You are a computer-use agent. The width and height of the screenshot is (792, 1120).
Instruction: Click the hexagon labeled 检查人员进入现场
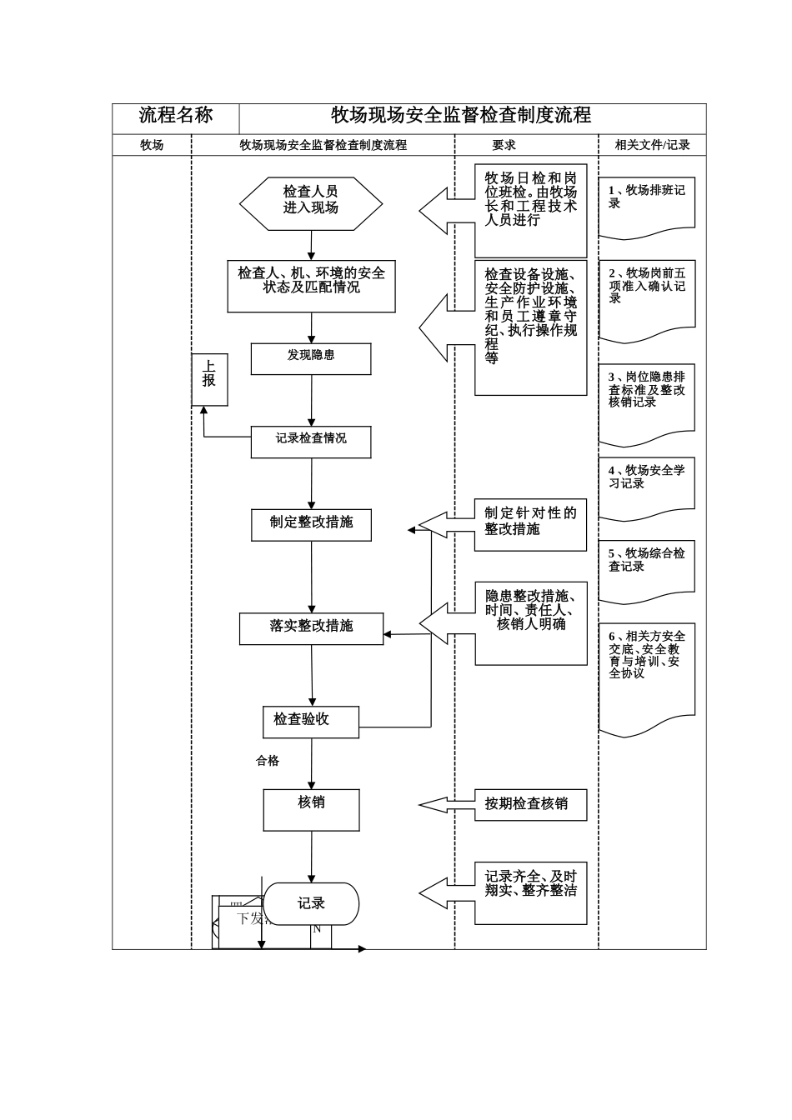click(310, 202)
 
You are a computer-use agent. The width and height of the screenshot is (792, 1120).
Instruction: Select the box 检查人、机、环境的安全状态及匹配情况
click(311, 286)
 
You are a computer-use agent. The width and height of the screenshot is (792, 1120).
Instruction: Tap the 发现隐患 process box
click(311, 358)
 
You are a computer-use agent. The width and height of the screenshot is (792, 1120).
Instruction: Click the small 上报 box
click(209, 380)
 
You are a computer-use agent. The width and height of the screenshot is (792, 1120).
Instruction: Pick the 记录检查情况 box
click(311, 442)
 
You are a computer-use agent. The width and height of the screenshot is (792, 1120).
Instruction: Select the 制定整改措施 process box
click(311, 524)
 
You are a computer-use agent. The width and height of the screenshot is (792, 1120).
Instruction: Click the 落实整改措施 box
click(311, 628)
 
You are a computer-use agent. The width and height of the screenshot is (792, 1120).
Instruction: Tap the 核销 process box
click(312, 809)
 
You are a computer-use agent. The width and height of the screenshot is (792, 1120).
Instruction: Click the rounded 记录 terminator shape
click(312, 904)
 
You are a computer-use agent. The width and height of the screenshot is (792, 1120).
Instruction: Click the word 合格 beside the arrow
click(268, 761)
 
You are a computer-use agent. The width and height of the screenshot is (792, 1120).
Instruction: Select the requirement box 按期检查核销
click(530, 804)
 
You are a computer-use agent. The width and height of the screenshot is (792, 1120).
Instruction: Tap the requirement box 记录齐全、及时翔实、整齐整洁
click(531, 892)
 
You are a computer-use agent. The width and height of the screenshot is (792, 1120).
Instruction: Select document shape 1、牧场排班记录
click(646, 204)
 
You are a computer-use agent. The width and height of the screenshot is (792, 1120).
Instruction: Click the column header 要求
click(504, 145)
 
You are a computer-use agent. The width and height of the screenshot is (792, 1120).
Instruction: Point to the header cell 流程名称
click(176, 116)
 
